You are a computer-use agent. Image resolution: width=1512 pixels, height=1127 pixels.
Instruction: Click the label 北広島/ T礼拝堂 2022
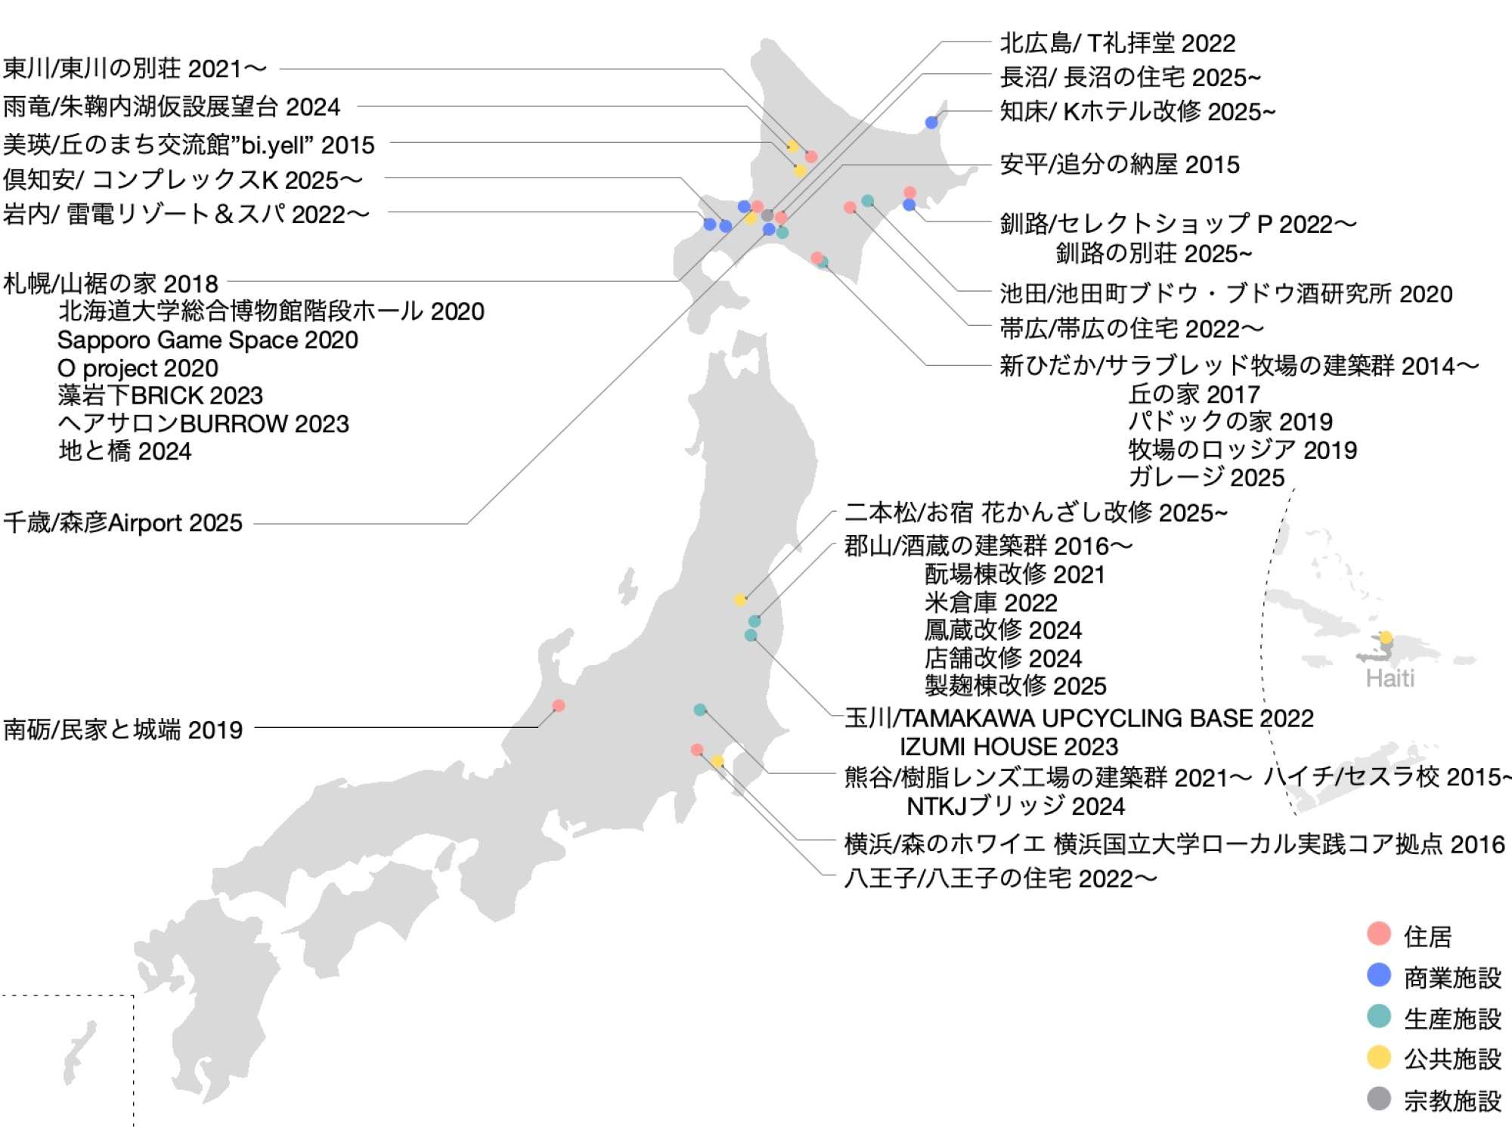(1117, 43)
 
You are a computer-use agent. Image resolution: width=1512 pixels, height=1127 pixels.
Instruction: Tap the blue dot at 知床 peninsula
(931, 122)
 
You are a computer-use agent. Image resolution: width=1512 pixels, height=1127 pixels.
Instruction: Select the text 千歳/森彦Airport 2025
(123, 522)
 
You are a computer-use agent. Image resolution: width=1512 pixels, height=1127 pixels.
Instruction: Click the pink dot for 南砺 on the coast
(559, 705)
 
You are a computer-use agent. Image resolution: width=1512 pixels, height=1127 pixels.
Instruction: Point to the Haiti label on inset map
(1390, 678)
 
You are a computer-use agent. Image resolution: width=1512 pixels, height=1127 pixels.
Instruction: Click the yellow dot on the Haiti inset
(1386, 637)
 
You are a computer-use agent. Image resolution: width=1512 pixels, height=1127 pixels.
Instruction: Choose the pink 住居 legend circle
(1379, 933)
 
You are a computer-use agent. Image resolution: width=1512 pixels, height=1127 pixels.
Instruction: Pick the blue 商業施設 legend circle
(1379, 975)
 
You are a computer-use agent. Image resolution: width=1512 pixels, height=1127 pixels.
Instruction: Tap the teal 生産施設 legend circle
(1379, 1016)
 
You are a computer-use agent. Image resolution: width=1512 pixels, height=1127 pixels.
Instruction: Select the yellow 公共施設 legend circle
(1379, 1057)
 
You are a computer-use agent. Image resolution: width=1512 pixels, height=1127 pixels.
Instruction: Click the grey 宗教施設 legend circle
(1379, 1098)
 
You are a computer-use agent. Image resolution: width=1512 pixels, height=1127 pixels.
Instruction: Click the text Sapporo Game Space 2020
(208, 340)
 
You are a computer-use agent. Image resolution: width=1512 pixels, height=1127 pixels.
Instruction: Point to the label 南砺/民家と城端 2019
(123, 729)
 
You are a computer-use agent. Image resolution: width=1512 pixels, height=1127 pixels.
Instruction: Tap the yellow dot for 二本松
(741, 599)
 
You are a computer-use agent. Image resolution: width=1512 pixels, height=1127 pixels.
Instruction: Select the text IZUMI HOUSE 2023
(1009, 747)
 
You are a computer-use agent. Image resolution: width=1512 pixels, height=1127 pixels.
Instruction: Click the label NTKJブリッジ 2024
(1015, 807)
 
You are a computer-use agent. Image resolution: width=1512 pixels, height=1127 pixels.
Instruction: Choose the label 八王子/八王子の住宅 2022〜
(1000, 878)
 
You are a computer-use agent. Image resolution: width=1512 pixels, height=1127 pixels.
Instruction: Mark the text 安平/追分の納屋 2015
(1120, 165)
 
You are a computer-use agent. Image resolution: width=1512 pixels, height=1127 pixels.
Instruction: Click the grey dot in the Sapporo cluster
(767, 215)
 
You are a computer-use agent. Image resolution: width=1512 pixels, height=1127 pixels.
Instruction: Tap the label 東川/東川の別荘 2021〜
(135, 69)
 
